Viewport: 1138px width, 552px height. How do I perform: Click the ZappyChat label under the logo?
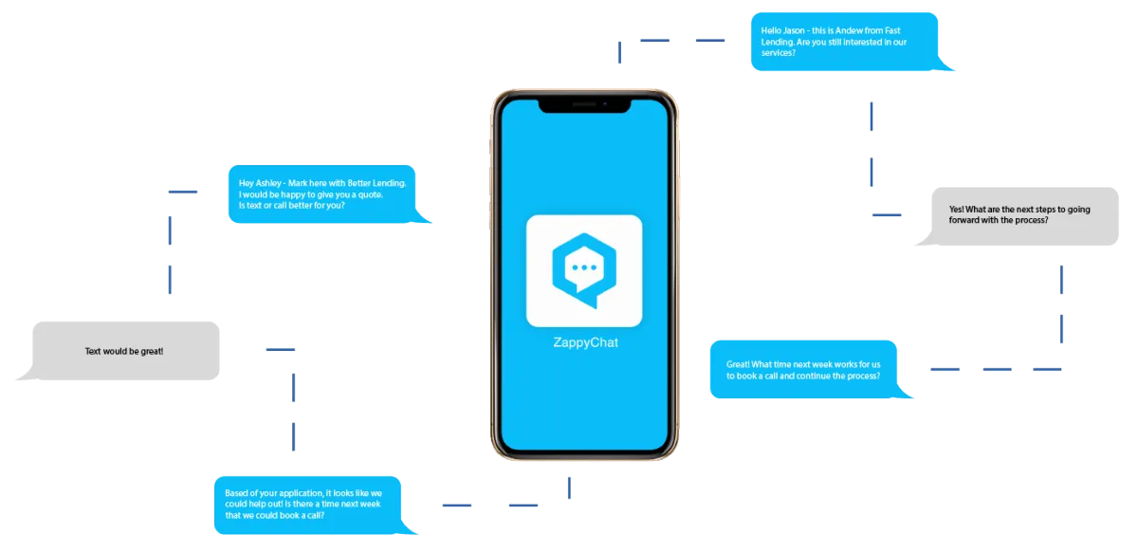pos(585,343)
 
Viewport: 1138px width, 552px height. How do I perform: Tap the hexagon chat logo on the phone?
pos(584,270)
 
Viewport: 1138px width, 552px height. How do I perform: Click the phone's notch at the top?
pos(585,105)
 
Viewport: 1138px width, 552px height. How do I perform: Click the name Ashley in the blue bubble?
pos(267,183)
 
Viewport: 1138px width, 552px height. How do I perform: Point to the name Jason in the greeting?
pos(793,30)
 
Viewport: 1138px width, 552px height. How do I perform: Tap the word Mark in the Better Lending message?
pos(298,183)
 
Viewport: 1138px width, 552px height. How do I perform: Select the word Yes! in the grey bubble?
pos(956,210)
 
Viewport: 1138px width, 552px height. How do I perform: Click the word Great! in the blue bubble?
pos(738,364)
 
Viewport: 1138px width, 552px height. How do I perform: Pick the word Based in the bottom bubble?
pos(236,493)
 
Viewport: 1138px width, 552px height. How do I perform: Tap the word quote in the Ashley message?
pos(370,194)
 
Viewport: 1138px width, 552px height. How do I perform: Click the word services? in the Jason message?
pos(778,53)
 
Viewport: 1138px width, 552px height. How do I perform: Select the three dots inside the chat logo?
pos(584,267)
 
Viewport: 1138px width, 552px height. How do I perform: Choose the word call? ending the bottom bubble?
pos(315,515)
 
